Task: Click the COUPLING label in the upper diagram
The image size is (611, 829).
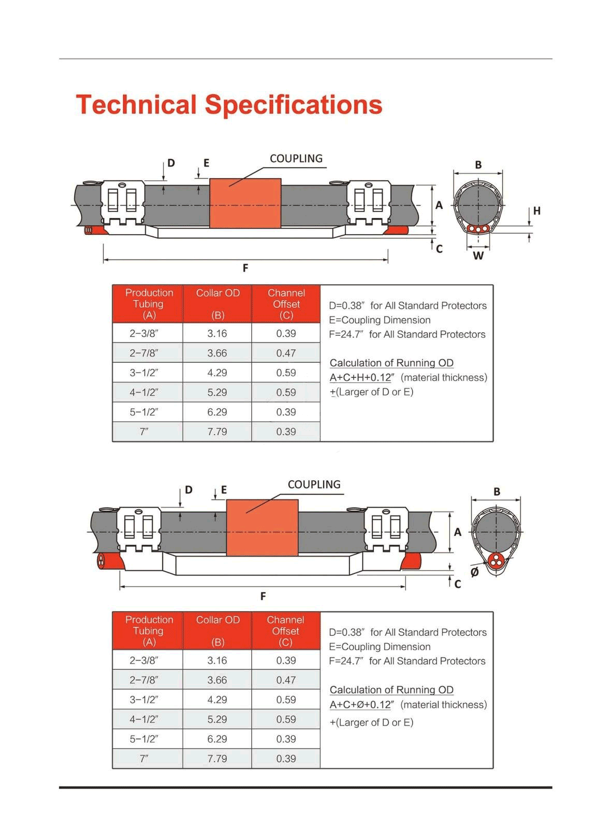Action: (296, 159)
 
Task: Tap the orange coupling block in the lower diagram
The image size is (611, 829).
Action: (262, 527)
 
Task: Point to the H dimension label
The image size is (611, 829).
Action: (537, 211)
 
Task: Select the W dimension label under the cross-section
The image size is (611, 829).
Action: (478, 256)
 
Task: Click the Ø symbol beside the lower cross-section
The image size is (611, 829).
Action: (474, 572)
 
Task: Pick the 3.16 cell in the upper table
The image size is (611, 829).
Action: (217, 334)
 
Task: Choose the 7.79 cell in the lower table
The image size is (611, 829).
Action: (217, 759)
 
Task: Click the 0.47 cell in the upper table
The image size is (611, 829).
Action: (286, 353)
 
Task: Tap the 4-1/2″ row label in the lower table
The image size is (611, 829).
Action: (143, 719)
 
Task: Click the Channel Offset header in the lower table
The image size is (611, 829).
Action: (285, 631)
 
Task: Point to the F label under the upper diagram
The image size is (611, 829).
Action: (245, 268)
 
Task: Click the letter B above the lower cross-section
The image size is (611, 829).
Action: (497, 492)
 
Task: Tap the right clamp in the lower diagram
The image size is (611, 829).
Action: (386, 531)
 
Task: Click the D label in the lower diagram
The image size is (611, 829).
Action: (188, 490)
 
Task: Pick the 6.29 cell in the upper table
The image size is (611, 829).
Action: (217, 412)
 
